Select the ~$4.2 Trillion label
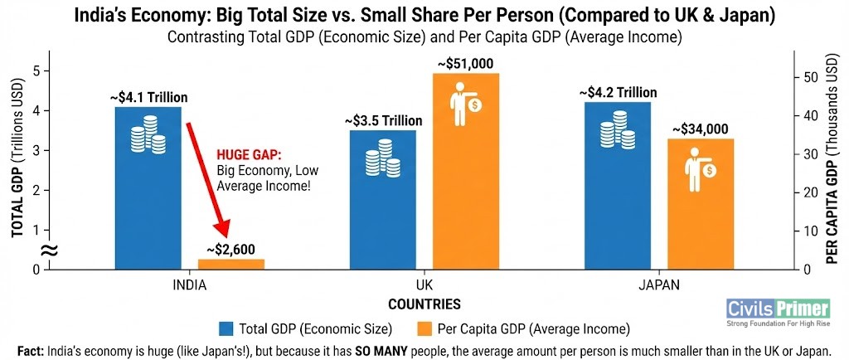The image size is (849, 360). (x=618, y=92)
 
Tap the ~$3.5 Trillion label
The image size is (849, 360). (x=382, y=121)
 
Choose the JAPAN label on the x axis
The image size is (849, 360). (x=658, y=285)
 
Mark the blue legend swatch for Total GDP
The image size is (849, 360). (x=226, y=327)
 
